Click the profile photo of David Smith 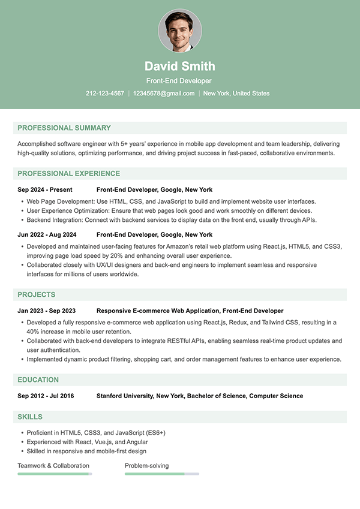coord(180,31)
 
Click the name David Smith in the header coord(180,66)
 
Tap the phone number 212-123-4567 coord(105,94)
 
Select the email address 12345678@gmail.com coord(164,94)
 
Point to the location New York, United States coord(236,94)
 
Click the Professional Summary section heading coord(64,128)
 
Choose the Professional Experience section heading coord(69,174)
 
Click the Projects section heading coord(37,295)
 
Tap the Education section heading coord(38,380)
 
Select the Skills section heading coord(30,417)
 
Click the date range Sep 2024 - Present coord(45,190)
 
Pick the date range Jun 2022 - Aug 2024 coord(47,235)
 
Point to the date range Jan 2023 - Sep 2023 coord(47,311)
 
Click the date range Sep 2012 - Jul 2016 coord(46,396)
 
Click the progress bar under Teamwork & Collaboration coord(55,474)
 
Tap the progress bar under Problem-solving coord(162,474)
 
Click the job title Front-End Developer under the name coord(180,80)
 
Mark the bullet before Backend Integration coord(22,220)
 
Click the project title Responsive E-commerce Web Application coord(158,311)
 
